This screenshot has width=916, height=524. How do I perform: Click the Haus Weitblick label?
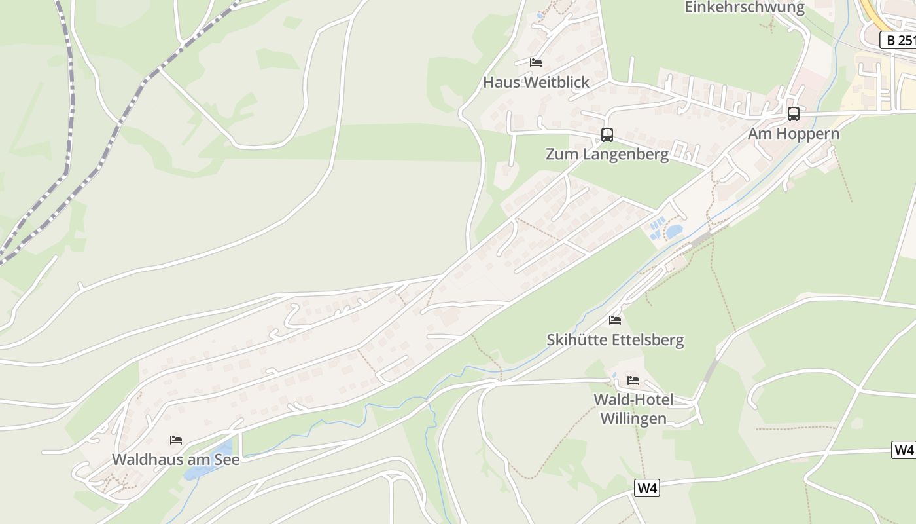(x=536, y=83)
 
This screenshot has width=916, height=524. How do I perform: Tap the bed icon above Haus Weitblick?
(x=536, y=63)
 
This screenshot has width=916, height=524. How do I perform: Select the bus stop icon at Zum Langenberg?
(x=607, y=135)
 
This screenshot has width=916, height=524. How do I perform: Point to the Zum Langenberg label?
(x=607, y=155)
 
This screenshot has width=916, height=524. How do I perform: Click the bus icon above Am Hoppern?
(x=794, y=114)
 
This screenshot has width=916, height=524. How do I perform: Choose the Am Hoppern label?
(x=794, y=134)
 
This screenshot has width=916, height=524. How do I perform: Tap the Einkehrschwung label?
(x=745, y=8)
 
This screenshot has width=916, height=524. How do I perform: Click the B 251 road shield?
(x=898, y=40)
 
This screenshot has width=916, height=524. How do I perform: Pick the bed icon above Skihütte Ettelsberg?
(x=615, y=320)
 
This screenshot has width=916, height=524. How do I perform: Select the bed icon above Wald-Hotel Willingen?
(x=633, y=380)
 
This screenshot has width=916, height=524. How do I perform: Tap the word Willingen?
(x=633, y=419)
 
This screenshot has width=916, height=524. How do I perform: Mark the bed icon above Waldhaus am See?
(x=176, y=440)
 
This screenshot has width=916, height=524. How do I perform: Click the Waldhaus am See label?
(x=175, y=460)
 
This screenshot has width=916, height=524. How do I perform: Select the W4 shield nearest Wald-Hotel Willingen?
(x=647, y=488)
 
